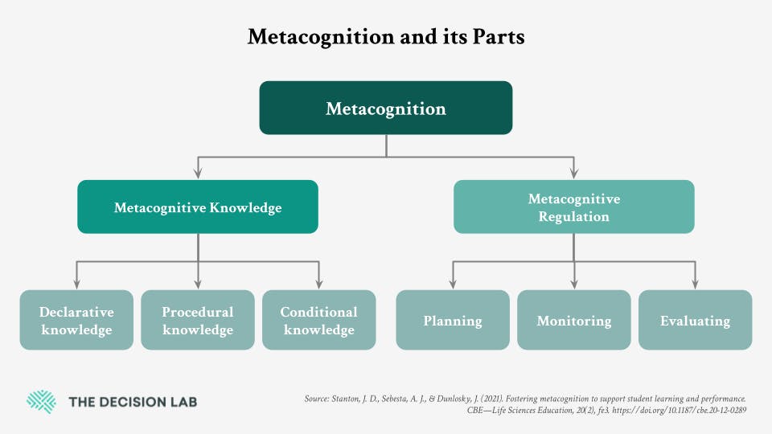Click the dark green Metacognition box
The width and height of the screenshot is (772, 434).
click(x=385, y=108)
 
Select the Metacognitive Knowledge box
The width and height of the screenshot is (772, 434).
click(x=198, y=207)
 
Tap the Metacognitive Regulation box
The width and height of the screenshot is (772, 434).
click(x=573, y=207)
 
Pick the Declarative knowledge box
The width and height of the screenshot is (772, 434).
click(x=76, y=320)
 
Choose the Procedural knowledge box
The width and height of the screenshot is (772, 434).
click(x=198, y=320)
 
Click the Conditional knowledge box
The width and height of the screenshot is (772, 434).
click(x=319, y=320)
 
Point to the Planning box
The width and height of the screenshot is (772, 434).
click(x=453, y=320)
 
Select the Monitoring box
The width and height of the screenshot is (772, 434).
click(x=573, y=320)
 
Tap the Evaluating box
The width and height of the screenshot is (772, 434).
click(x=695, y=320)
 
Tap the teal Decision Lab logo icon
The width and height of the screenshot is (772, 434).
click(x=41, y=402)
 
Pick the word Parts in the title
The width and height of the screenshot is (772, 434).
click(x=499, y=37)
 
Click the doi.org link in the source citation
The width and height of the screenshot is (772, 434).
click(x=679, y=410)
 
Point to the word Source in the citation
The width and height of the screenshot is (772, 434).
click(x=316, y=399)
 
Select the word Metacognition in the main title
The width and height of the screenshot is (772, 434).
click(x=321, y=37)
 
